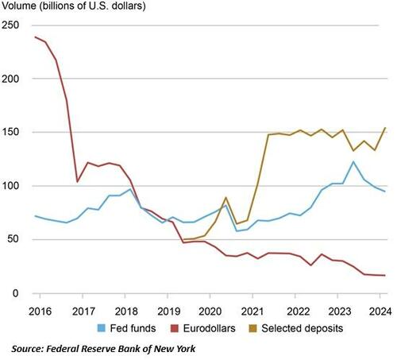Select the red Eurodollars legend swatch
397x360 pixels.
point(172,326)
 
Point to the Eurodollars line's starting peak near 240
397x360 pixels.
point(36,37)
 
